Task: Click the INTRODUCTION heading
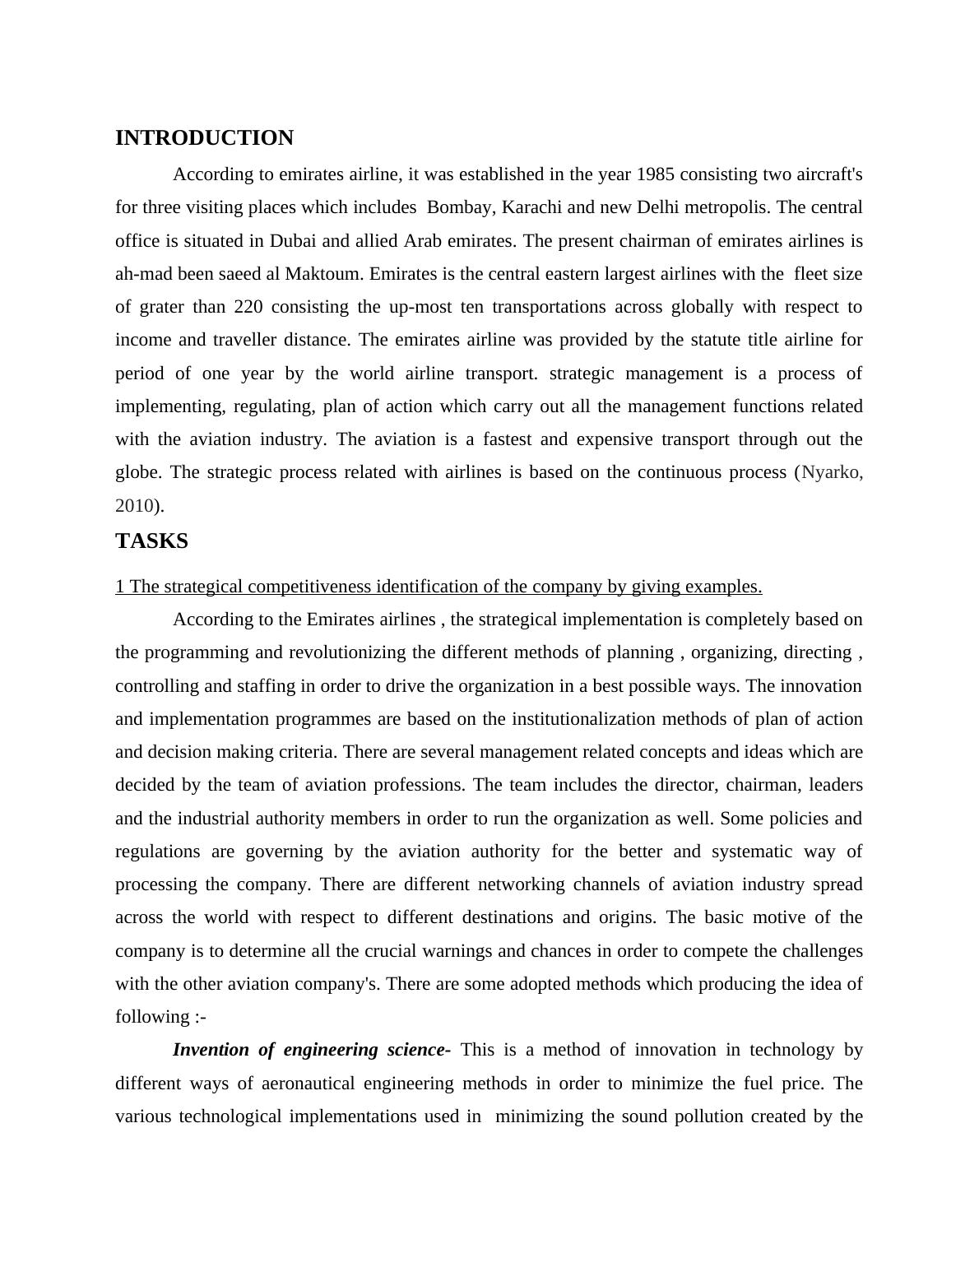[204, 138]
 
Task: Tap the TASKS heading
[151, 541]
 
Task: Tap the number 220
[248, 307]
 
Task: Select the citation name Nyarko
[831, 472]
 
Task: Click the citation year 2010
[134, 505]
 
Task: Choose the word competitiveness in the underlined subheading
[302, 587]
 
